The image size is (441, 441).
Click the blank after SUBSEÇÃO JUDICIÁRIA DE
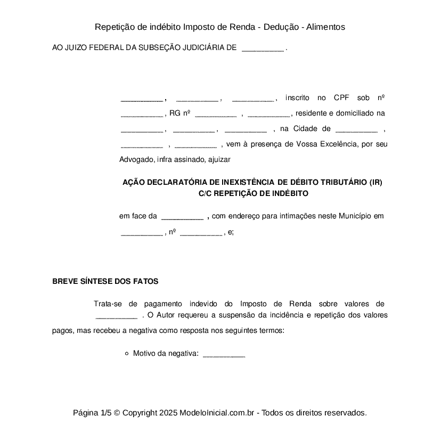[x=263, y=48]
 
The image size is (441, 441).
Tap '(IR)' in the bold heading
[x=375, y=182]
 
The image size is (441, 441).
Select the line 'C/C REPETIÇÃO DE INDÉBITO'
[x=253, y=193]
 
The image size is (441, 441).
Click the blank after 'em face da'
[x=182, y=217]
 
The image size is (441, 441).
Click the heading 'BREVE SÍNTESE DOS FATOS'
[x=105, y=281]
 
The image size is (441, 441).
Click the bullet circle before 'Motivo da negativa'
[x=126, y=353]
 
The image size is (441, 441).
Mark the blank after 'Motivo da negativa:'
[x=224, y=354]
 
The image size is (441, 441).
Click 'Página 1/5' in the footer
[x=92, y=413]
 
